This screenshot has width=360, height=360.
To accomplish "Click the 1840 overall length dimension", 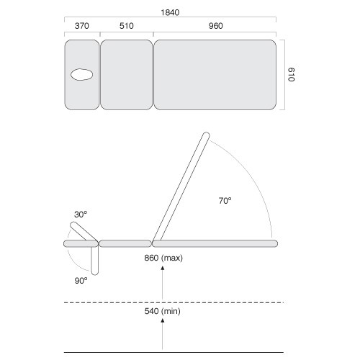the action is click(x=170, y=12).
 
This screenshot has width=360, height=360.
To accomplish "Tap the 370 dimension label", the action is click(x=82, y=26).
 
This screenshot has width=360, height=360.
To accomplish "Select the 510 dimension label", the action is click(x=127, y=26).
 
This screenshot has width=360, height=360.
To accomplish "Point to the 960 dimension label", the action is click(x=216, y=26).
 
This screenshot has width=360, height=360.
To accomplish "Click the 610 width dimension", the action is click(x=292, y=75).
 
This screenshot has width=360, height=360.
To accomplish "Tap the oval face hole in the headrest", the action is click(x=82, y=75).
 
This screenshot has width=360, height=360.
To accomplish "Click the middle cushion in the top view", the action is click(x=127, y=75).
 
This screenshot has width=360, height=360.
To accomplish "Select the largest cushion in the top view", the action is click(x=215, y=75).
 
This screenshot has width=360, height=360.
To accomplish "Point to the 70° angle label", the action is click(x=225, y=201).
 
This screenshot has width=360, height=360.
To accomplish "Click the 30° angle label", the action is click(x=81, y=215).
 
